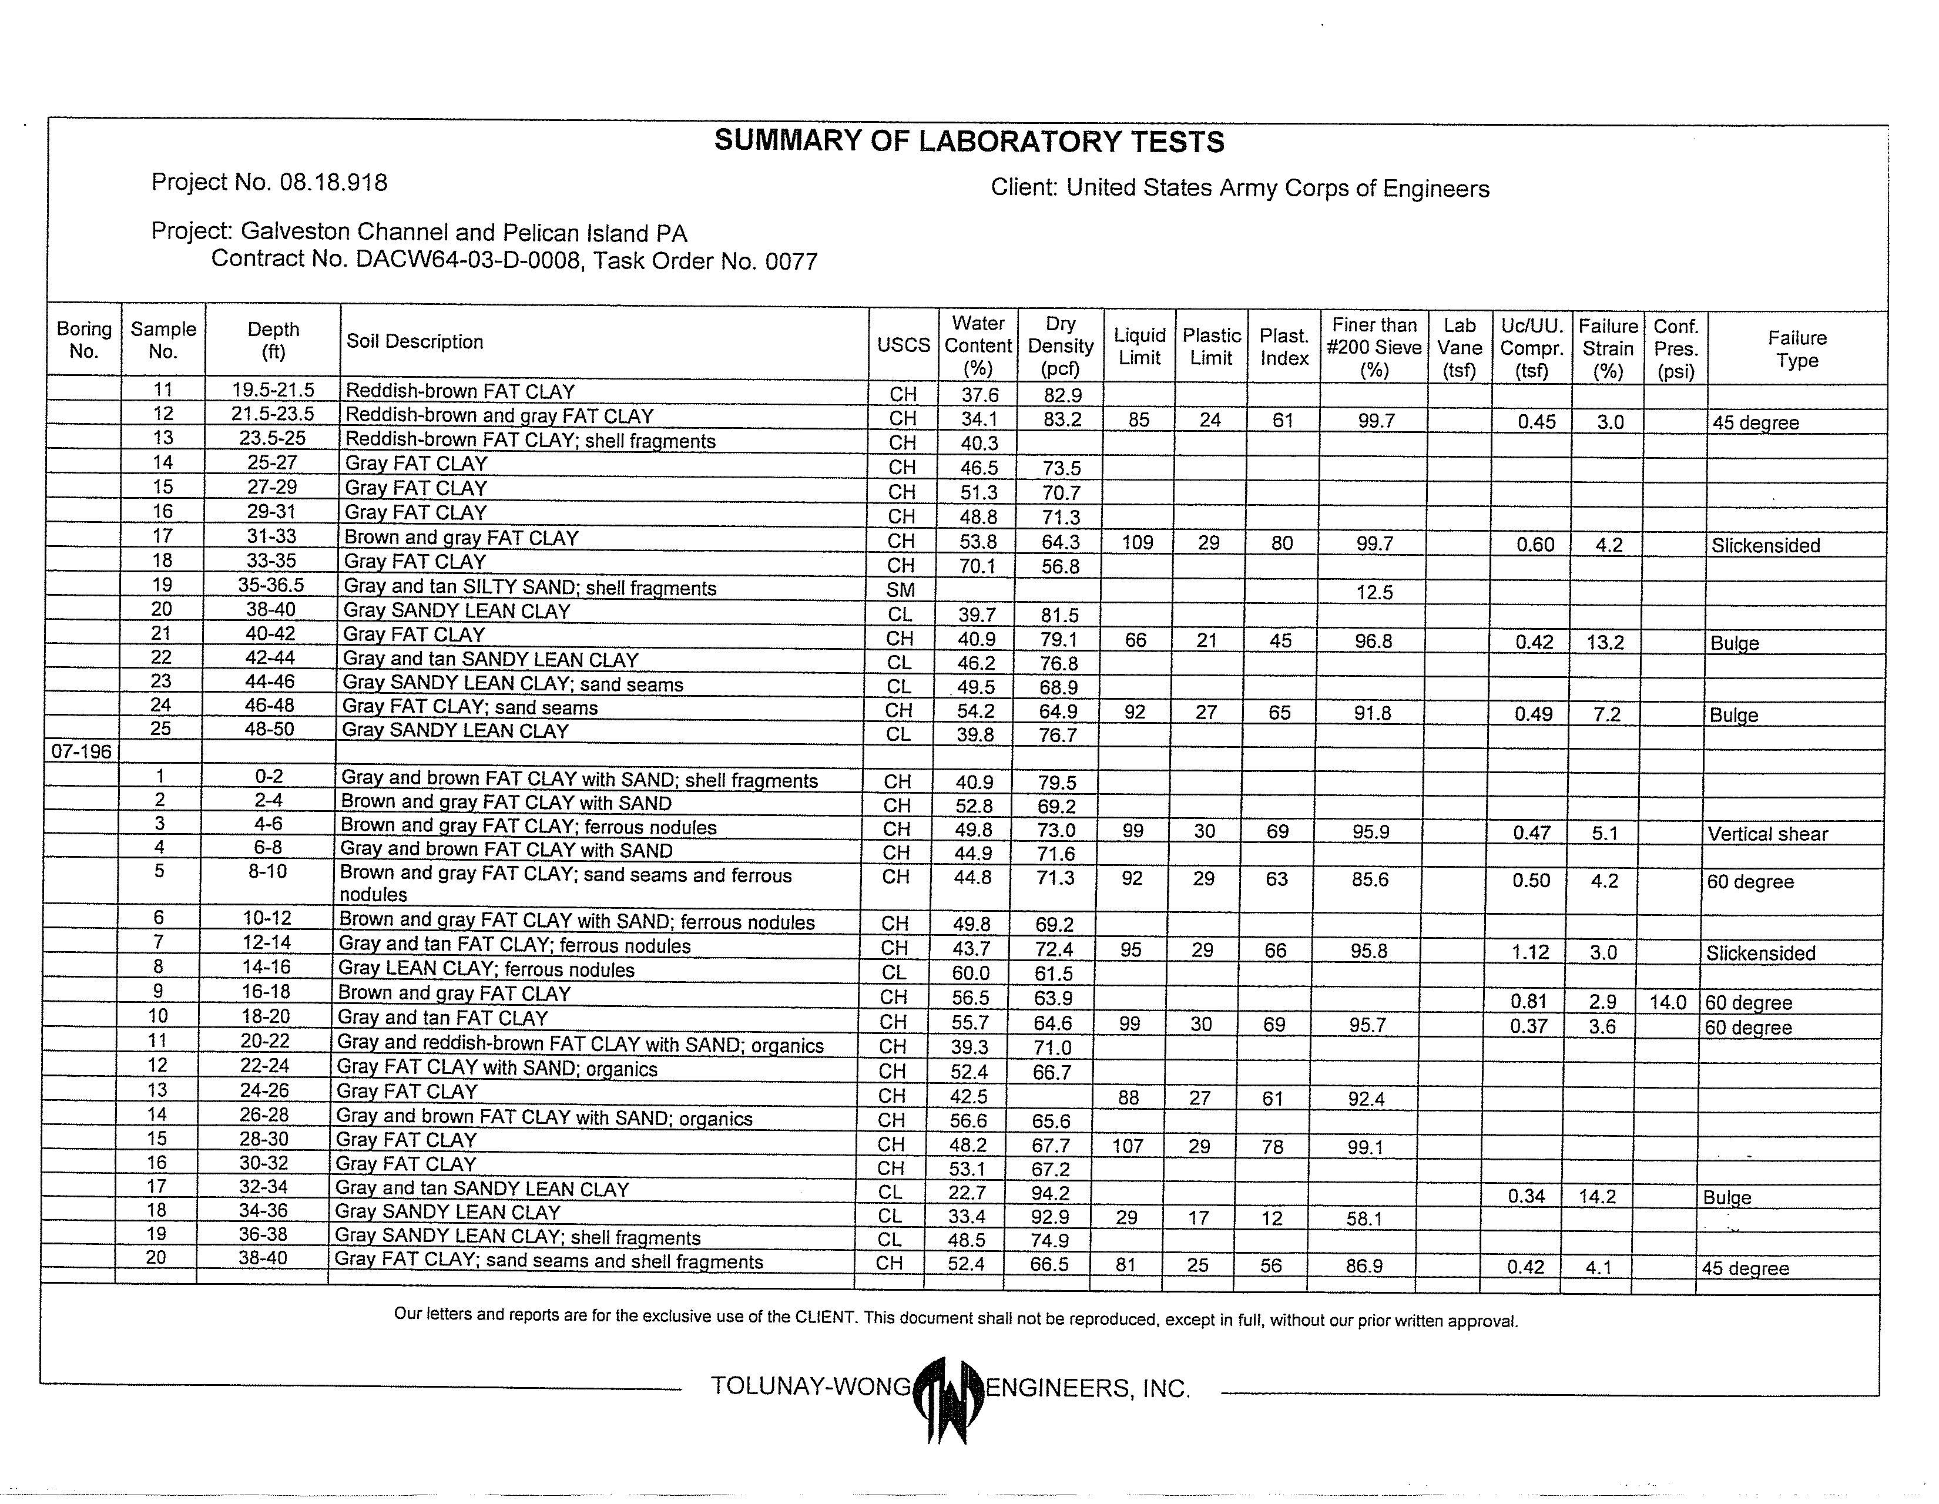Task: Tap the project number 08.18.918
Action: point(333,183)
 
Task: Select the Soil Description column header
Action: point(415,342)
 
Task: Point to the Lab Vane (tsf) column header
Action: point(1459,348)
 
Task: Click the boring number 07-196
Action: point(82,751)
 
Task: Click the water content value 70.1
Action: point(978,566)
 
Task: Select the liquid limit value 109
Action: point(1138,542)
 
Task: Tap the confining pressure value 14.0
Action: point(1668,1002)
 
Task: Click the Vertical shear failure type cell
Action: point(1767,834)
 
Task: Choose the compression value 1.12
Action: point(1531,952)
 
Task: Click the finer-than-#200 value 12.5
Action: point(1374,592)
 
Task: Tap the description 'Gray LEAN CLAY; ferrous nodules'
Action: point(487,969)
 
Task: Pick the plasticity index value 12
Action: point(1272,1218)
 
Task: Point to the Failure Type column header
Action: point(1797,349)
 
